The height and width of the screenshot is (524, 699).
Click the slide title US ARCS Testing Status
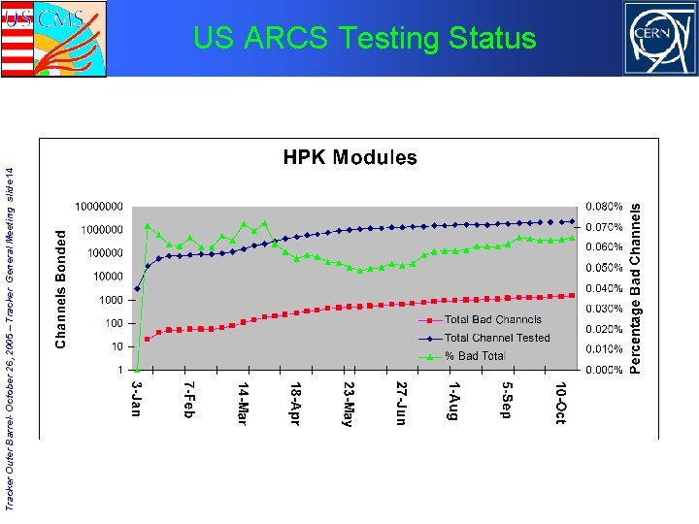click(364, 38)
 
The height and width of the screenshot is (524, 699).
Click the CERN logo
click(659, 38)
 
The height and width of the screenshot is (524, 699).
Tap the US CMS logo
click(53, 39)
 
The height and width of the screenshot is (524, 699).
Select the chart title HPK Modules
click(349, 157)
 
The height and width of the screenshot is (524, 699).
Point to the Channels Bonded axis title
click(61, 288)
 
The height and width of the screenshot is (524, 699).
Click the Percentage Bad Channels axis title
click(636, 287)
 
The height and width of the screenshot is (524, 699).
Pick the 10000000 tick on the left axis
click(99, 207)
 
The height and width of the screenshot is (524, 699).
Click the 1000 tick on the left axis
click(113, 300)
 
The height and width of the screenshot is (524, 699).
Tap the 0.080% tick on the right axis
click(604, 207)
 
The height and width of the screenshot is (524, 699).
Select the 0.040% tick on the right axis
click(604, 288)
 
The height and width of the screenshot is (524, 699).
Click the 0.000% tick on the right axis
click(604, 370)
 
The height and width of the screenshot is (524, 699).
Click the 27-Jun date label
click(402, 403)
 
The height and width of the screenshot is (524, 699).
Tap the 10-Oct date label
click(560, 403)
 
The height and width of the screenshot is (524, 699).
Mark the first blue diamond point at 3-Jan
click(137, 288)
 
